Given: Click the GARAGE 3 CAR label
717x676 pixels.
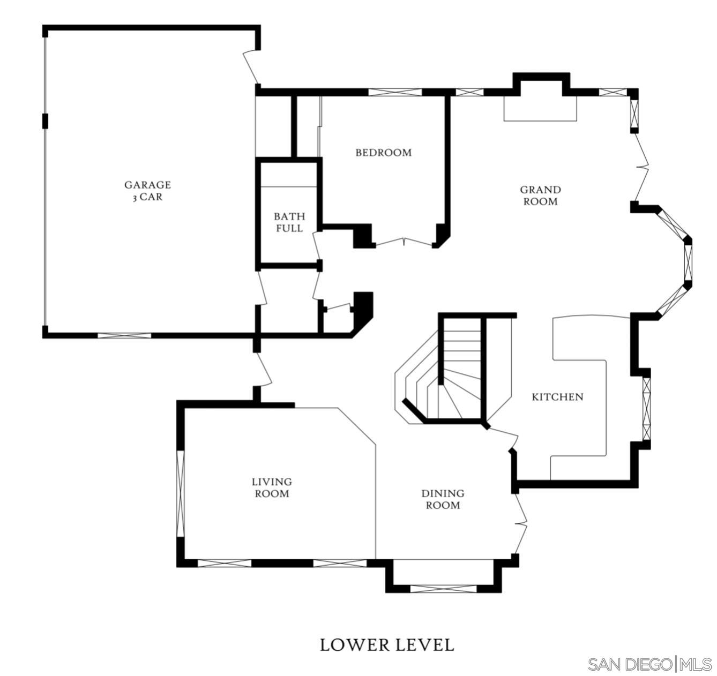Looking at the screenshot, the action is pyautogui.click(x=147, y=191).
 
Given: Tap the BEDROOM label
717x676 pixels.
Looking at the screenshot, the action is pyautogui.click(x=383, y=153).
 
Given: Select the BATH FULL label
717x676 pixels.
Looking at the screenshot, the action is pyautogui.click(x=289, y=222).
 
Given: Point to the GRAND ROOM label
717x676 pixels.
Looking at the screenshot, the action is pyautogui.click(x=541, y=196).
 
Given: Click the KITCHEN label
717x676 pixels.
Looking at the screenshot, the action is pyautogui.click(x=557, y=397).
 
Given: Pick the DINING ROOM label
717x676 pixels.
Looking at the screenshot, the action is pyautogui.click(x=443, y=499).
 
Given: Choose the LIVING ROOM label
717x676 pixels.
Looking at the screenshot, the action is pyautogui.click(x=272, y=487).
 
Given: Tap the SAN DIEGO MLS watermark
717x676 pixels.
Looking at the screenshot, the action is pyautogui.click(x=650, y=664).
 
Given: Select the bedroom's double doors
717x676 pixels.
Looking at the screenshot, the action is pyautogui.click(x=404, y=242).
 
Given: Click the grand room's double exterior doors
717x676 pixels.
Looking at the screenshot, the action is pyautogui.click(x=641, y=167).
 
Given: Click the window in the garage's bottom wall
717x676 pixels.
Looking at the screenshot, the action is pyautogui.click(x=124, y=335).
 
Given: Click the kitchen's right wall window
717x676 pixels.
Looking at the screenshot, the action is pyautogui.click(x=646, y=409).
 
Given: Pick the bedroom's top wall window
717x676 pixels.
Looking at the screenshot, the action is pyautogui.click(x=395, y=92).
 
